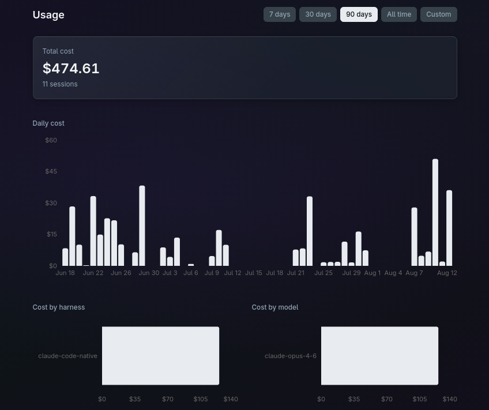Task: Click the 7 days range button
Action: pos(280,14)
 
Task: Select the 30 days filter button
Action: pos(318,14)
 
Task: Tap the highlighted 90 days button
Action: pos(359,14)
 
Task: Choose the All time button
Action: pos(399,14)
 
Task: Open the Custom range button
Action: pos(438,14)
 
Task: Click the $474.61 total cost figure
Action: pos(71,68)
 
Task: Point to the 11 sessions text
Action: pos(60,84)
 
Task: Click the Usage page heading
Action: pos(48,14)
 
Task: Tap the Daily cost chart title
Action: pos(48,123)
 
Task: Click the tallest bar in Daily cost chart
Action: pos(435,212)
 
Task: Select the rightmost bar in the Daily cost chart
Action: pos(449,228)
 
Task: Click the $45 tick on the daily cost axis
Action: pos(51,171)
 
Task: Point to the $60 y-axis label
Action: pos(51,140)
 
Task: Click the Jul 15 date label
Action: pos(254,273)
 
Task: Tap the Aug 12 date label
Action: pos(447,273)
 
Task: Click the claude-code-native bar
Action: pos(161,356)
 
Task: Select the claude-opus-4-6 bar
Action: pos(379,356)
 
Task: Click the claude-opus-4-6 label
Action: pos(291,356)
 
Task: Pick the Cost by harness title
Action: pos(59,307)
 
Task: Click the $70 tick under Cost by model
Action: pos(387,399)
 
